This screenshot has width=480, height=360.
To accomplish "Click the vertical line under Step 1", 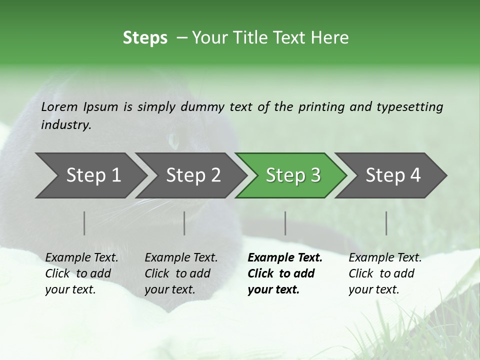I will pyautogui.click(x=84, y=223).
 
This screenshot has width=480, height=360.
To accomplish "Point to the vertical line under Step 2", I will pyautogui.click(x=184, y=223).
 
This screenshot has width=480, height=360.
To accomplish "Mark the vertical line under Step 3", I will pyautogui.click(x=285, y=223).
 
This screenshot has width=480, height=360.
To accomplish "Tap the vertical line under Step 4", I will pyautogui.click(x=386, y=223).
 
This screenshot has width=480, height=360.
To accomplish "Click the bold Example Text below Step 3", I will pyautogui.click(x=284, y=273).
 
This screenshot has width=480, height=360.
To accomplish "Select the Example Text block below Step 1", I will pyautogui.click(x=81, y=273).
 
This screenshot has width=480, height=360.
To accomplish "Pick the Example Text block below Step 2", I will pyautogui.click(x=181, y=273).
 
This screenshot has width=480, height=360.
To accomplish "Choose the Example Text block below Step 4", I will pyautogui.click(x=385, y=273).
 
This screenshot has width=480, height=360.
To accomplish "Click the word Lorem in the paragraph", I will pyautogui.click(x=59, y=106).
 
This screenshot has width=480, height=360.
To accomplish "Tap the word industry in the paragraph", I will pyautogui.click(x=66, y=125).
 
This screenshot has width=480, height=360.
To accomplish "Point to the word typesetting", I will pyautogui.click(x=409, y=107).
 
